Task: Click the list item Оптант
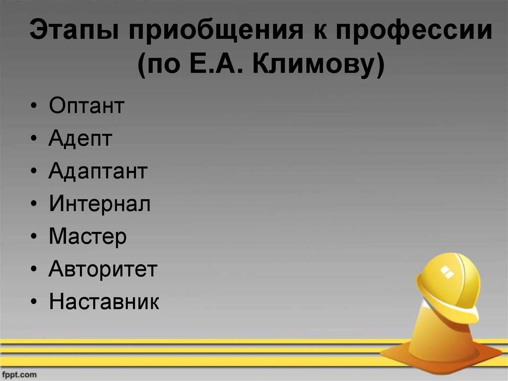click(x=86, y=106)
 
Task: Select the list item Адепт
click(x=80, y=140)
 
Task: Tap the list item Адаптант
click(x=98, y=172)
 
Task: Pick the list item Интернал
click(x=99, y=204)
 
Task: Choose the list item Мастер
click(x=88, y=237)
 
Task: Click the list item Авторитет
click(x=103, y=270)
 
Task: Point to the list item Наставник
click(x=104, y=302)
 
